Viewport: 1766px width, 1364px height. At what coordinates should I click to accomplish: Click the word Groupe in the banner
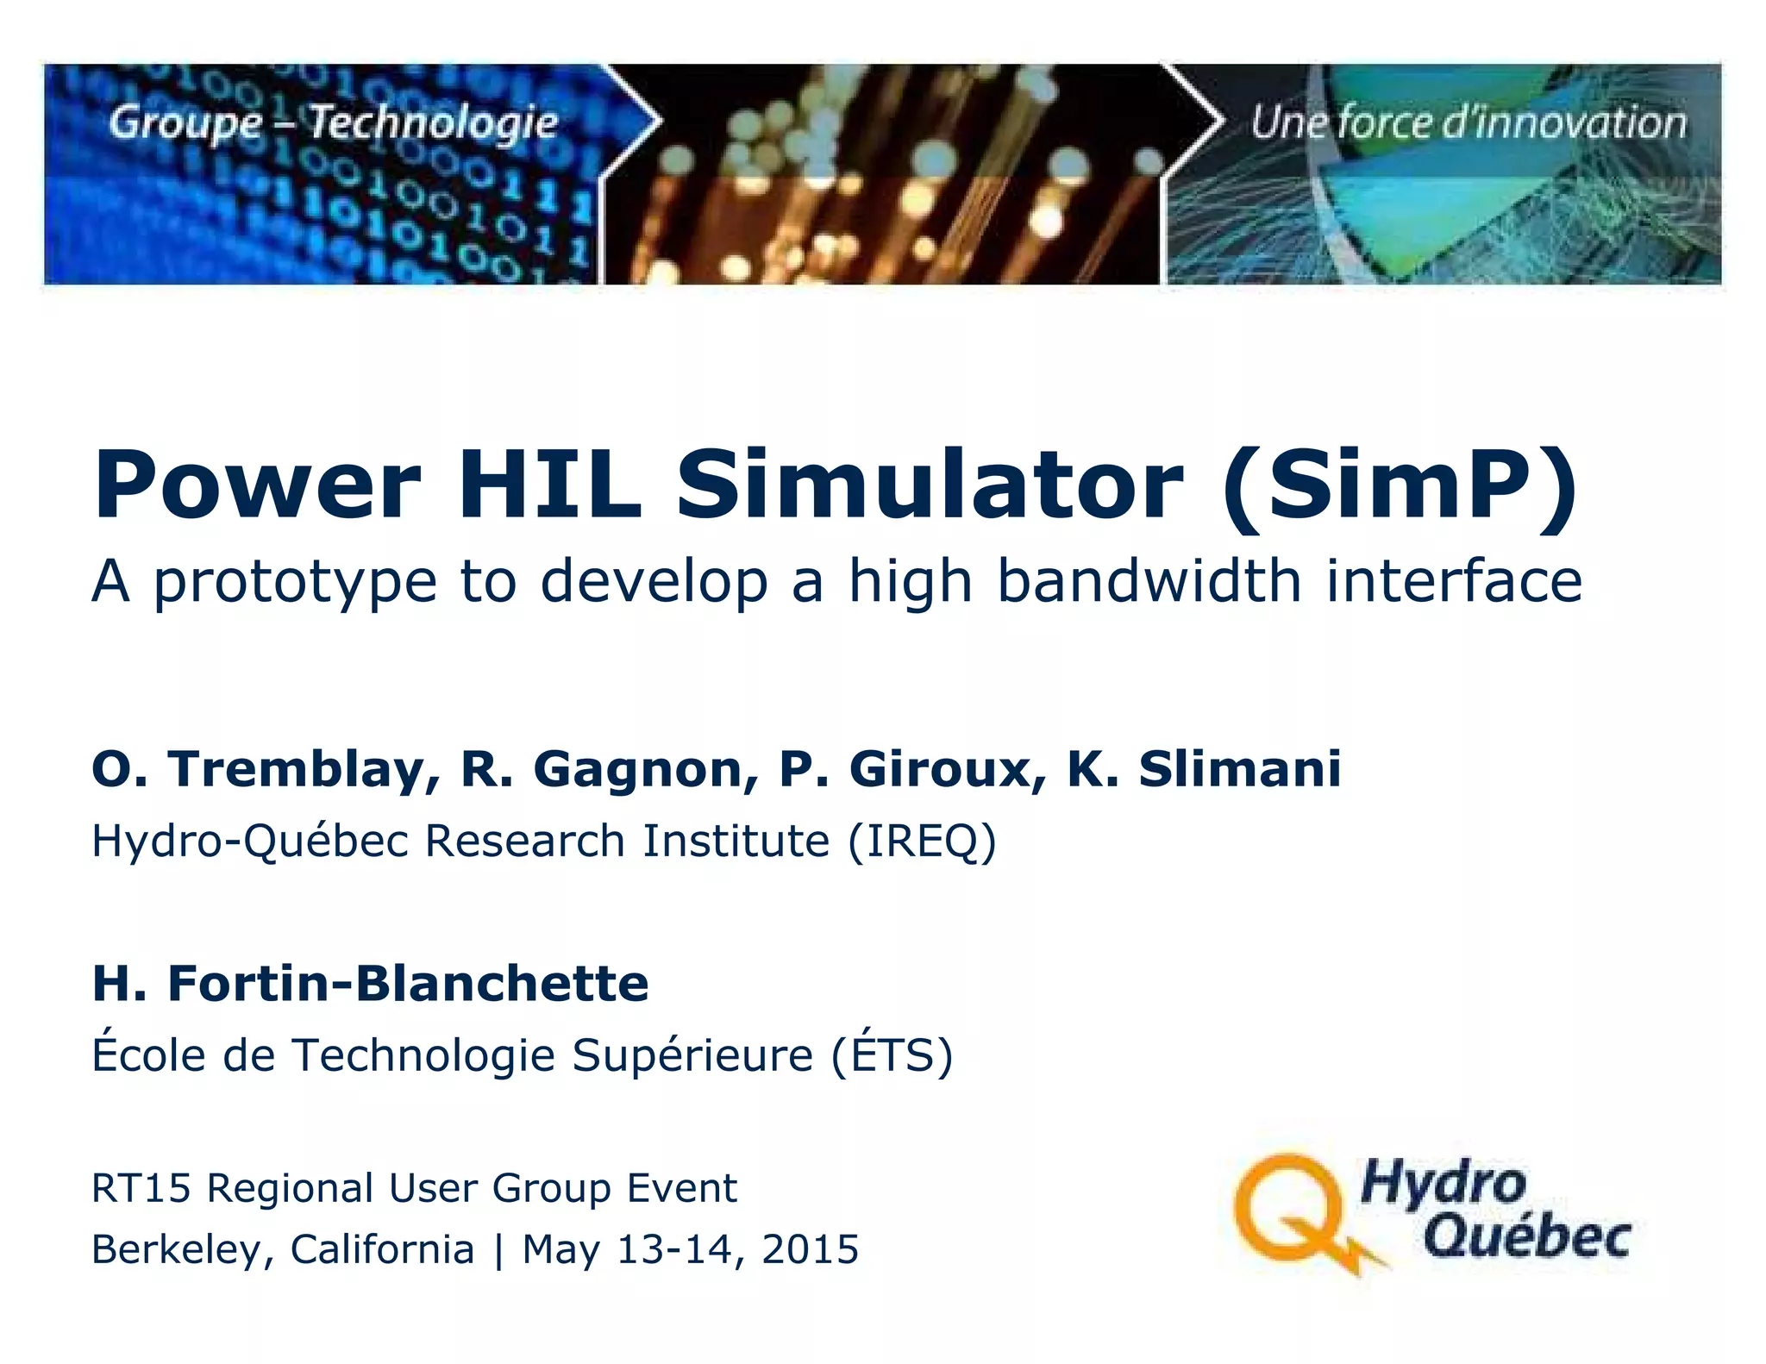(x=185, y=122)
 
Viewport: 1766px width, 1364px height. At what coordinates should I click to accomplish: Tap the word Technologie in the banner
(x=434, y=122)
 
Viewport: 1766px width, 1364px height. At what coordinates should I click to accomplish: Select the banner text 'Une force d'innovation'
(x=1468, y=122)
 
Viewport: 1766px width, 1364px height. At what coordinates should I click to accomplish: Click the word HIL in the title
(x=549, y=485)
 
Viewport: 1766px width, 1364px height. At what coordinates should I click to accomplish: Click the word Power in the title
(x=257, y=485)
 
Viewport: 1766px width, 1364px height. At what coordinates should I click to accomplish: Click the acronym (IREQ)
(x=922, y=841)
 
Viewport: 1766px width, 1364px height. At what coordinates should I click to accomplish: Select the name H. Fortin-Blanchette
(x=370, y=983)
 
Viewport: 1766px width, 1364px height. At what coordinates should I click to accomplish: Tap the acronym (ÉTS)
(x=892, y=1055)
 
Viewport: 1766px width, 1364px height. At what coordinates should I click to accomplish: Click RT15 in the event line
(x=141, y=1188)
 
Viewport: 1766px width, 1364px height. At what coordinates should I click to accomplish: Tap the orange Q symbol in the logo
(x=1291, y=1211)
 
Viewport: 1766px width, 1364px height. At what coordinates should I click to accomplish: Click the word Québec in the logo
(x=1526, y=1237)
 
